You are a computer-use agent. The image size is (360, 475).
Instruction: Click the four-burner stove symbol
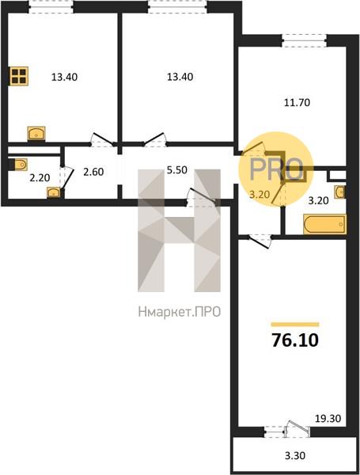(19, 76)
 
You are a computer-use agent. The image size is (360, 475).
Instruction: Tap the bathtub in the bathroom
(324, 224)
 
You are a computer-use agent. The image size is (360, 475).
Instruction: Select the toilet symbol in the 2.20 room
(20, 165)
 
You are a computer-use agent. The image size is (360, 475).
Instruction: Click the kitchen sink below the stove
(36, 133)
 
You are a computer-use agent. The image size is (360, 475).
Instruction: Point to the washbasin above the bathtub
(340, 192)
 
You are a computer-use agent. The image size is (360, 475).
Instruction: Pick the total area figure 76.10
(295, 340)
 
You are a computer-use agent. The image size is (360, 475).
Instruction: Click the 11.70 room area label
(297, 103)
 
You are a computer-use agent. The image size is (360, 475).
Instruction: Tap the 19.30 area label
(328, 419)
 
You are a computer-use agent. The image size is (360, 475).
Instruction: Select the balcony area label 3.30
(295, 455)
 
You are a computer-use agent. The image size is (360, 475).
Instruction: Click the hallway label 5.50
(177, 170)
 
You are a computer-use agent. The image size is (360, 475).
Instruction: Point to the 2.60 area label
(93, 172)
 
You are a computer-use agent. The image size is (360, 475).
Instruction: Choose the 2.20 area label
(40, 177)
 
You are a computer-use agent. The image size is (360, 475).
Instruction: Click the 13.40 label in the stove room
(64, 77)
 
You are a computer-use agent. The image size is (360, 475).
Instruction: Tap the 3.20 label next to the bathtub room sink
(319, 200)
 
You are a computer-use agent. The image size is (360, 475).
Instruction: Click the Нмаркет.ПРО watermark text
(180, 312)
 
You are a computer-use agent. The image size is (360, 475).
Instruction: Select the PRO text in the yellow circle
(276, 169)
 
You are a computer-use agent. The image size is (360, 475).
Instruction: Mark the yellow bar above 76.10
(295, 325)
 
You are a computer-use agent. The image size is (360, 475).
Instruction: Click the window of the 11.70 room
(305, 40)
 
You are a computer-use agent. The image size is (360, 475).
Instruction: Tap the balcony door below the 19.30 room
(297, 430)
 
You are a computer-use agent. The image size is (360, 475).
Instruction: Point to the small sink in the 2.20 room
(54, 192)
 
